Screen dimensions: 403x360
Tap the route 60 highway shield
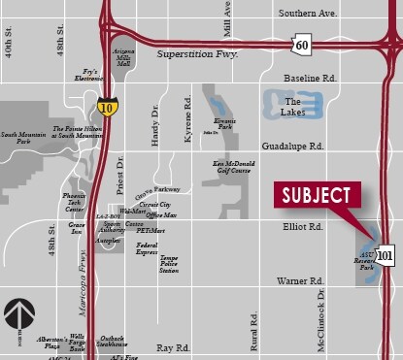click(x=302, y=45)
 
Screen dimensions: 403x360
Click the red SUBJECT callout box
click(x=315, y=194)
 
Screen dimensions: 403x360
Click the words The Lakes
click(x=292, y=105)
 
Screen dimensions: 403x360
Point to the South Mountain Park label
click(x=22, y=140)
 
